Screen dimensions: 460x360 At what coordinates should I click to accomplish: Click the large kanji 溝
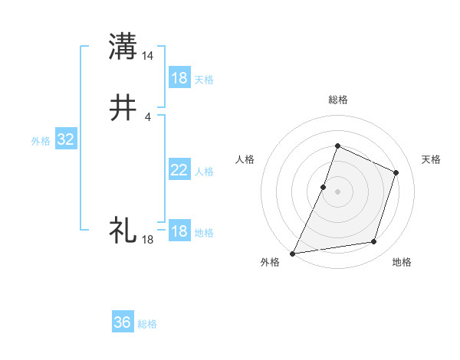(123, 47)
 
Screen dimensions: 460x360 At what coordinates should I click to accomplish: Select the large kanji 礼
(123, 229)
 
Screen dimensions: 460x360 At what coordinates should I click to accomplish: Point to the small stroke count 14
(148, 55)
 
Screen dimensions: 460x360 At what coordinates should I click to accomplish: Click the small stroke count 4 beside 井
(148, 116)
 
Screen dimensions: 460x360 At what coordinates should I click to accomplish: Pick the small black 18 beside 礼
(148, 239)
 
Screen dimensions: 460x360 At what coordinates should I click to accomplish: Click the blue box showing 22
(179, 171)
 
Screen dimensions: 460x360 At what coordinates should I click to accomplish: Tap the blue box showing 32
(66, 139)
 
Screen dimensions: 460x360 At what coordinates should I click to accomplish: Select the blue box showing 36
(123, 322)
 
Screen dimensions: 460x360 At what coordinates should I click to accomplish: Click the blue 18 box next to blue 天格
(179, 78)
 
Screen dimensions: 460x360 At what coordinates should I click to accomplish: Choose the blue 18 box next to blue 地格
(179, 231)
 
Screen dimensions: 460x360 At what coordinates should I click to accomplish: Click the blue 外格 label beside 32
(41, 141)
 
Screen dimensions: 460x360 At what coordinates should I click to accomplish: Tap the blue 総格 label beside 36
(147, 324)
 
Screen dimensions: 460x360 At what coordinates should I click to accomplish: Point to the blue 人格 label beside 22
(204, 172)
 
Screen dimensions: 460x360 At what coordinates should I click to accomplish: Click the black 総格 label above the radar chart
(337, 100)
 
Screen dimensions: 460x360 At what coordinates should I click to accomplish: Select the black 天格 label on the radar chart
(432, 159)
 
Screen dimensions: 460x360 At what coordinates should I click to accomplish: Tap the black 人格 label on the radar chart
(245, 159)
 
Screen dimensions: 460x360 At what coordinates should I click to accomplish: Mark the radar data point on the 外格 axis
(293, 254)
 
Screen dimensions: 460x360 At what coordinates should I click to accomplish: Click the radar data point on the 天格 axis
(396, 172)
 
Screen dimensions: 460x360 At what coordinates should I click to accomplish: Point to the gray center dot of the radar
(337, 191)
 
